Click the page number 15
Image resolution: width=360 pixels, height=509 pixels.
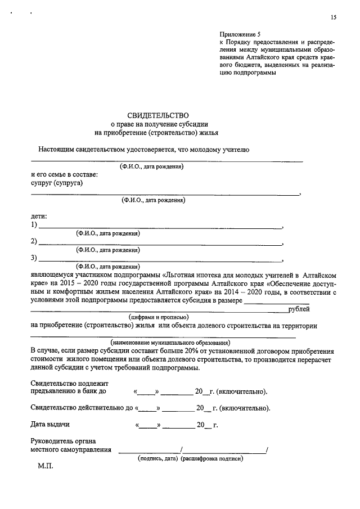pyautogui.click(x=334, y=18)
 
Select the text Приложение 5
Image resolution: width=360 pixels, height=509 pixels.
pyautogui.click(x=240, y=34)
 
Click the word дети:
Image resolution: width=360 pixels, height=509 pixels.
pyautogui.click(x=39, y=217)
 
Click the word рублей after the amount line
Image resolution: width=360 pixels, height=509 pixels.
pyautogui.click(x=299, y=309)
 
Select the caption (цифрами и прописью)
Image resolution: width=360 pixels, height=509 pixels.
pyautogui.click(x=156, y=317)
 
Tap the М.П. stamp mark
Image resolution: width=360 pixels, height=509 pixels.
pyautogui.click(x=45, y=467)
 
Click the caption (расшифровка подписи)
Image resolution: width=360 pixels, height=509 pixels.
pyautogui.click(x=211, y=458)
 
